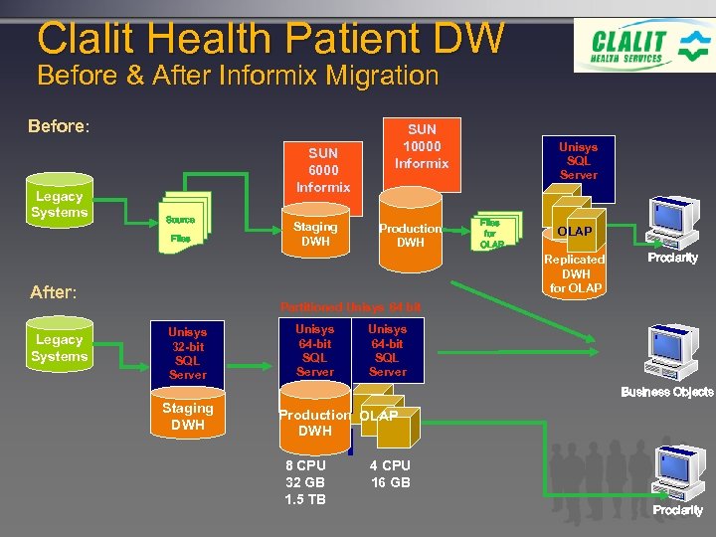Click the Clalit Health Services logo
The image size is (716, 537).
[642, 46]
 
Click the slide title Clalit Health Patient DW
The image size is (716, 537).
[270, 38]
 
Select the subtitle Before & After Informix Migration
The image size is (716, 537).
[237, 76]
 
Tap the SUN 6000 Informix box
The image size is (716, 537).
[323, 169]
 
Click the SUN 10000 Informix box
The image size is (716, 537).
[422, 146]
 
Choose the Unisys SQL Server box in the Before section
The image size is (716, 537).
[578, 159]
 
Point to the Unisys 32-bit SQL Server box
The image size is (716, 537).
[187, 353]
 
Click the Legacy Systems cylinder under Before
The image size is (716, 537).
[59, 204]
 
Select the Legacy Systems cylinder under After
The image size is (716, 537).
[59, 348]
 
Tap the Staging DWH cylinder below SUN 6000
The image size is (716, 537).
[315, 234]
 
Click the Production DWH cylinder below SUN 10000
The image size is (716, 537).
[410, 236]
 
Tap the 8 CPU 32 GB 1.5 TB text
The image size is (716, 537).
[305, 482]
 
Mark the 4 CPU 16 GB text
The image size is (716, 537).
[390, 474]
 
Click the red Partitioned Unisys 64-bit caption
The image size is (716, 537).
[350, 306]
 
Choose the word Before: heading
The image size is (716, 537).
[59, 127]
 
